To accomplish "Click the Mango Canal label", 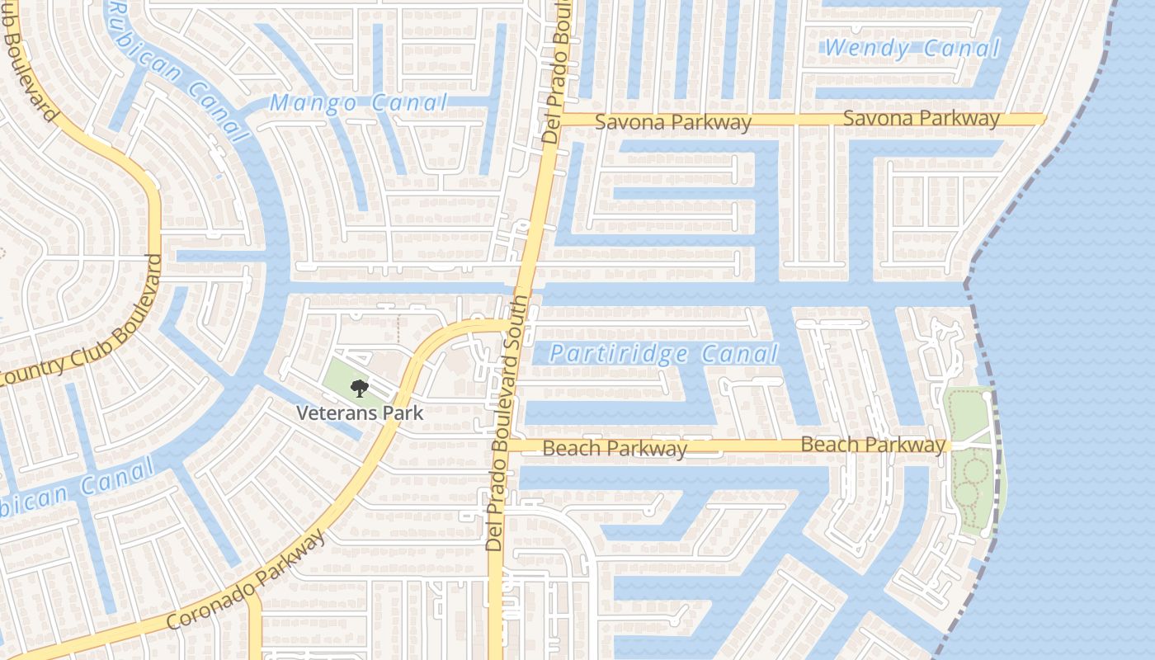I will coord(359,103).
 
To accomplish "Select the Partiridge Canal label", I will coord(664,355).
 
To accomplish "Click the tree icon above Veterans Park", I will coord(359,388).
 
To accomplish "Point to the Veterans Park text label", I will coord(360,412).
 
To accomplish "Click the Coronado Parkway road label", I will coord(246,582).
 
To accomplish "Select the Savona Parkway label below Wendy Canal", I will coord(921,119).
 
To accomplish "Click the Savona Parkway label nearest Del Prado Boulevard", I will coord(673,122).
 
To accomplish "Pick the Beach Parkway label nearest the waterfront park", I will coord(873,445).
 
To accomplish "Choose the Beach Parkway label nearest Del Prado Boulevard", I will coord(615,449).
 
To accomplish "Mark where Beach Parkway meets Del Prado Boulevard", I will coord(505,445).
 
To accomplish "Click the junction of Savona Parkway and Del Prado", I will coord(554,120).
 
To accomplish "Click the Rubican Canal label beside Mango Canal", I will coord(177,71).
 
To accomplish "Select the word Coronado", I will coord(207,609).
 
